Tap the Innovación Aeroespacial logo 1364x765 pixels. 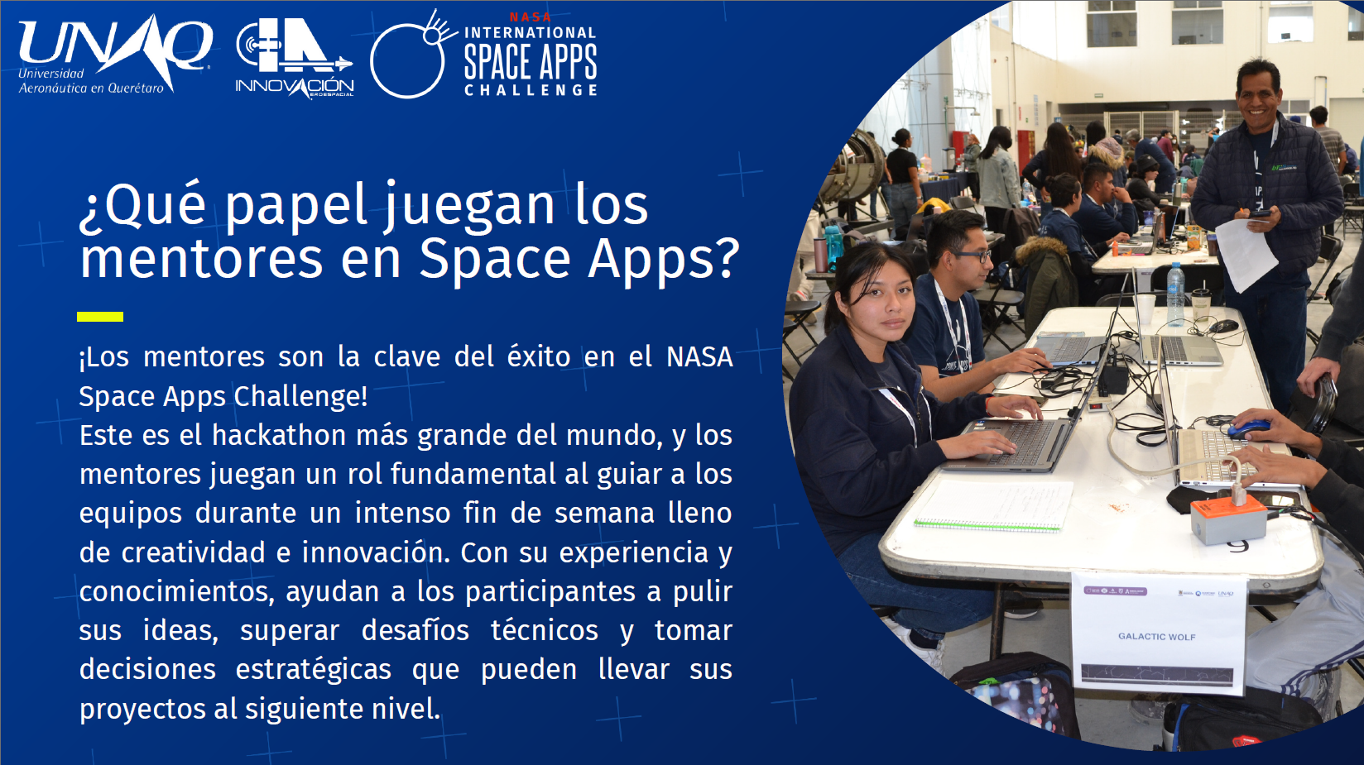[295, 58]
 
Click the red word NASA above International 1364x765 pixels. [530, 17]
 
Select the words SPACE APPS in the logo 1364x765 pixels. [531, 62]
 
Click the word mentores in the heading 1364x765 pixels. [201, 259]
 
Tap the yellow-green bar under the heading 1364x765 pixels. [100, 317]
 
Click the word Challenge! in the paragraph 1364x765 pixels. [300, 397]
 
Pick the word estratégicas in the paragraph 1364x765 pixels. [313, 669]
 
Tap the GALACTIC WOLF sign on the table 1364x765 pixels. [1158, 633]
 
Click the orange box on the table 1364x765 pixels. [1228, 516]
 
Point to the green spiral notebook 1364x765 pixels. [992, 506]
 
